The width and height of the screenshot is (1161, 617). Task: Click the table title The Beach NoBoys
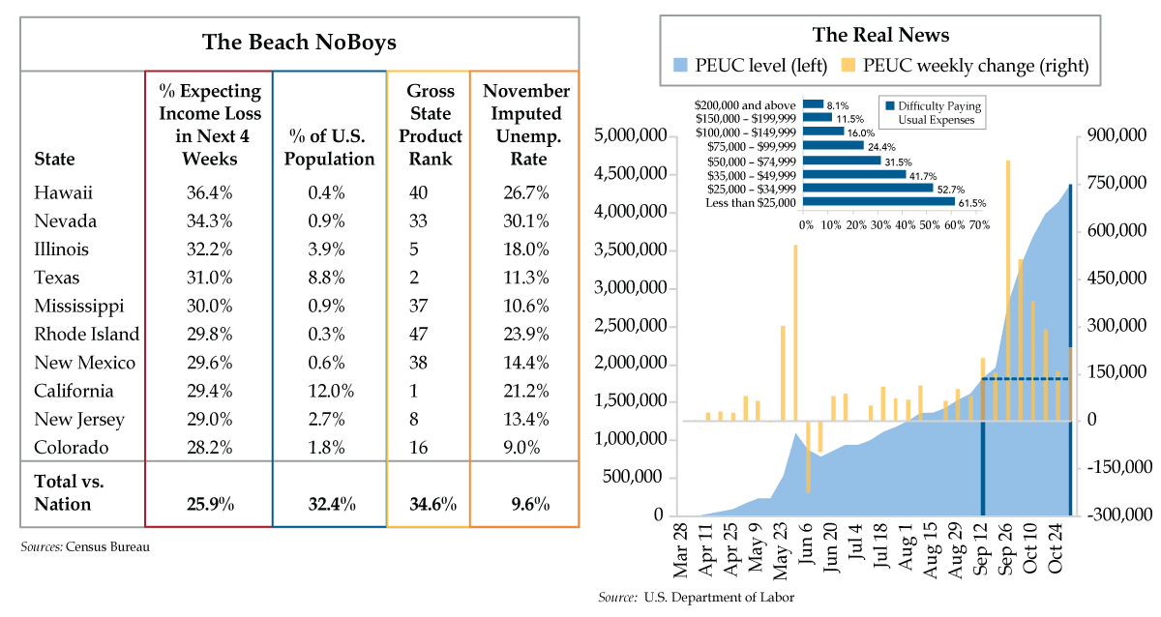(299, 43)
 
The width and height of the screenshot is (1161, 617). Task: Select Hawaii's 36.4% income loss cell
(209, 192)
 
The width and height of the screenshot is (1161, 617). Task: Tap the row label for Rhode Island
(86, 335)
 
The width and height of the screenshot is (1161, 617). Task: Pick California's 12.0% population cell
(331, 391)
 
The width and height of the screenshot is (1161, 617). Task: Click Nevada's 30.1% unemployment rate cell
(526, 221)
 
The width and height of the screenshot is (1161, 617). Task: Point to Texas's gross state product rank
(414, 278)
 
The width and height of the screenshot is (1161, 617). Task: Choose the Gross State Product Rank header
(431, 125)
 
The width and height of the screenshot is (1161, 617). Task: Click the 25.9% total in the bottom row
(210, 504)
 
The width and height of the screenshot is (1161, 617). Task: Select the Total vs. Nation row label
(69, 492)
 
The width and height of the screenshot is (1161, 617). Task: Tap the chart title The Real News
(880, 35)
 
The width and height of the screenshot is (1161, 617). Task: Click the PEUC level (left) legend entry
(750, 66)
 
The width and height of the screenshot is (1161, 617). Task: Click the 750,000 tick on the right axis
(1116, 183)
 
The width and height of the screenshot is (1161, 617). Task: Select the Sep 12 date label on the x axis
(982, 549)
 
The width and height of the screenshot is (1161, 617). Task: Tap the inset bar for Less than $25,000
(878, 202)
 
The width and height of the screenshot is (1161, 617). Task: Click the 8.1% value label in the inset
(838, 105)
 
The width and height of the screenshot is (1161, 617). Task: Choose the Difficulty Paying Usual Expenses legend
(933, 112)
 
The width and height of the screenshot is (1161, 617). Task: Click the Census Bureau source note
(85, 547)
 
